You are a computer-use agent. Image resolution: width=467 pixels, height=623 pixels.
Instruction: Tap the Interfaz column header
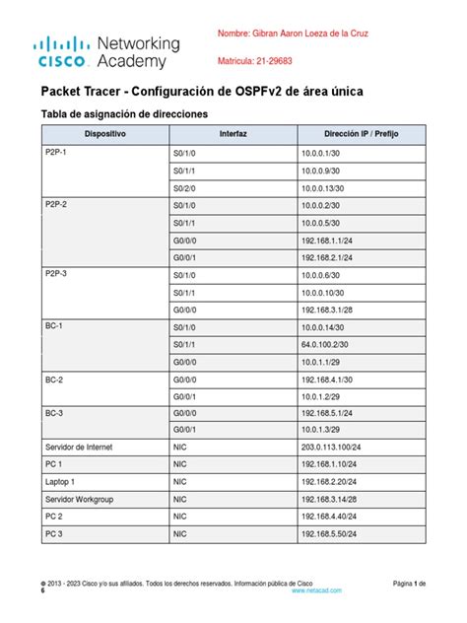click(x=233, y=132)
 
